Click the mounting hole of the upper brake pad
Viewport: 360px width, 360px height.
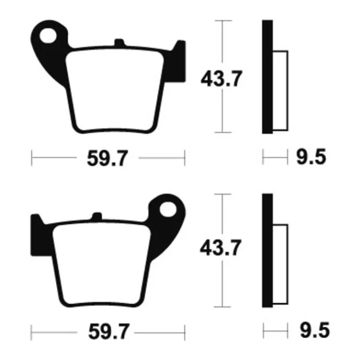click(48, 36)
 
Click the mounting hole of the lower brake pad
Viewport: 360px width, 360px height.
click(168, 210)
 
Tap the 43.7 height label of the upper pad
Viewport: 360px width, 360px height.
click(221, 79)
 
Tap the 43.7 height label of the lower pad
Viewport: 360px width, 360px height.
click(220, 247)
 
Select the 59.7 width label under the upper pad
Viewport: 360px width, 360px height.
click(107, 158)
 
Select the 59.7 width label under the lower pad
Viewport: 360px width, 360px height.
click(109, 332)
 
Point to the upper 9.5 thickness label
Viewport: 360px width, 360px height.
click(311, 157)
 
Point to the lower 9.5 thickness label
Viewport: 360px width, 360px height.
click(315, 330)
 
